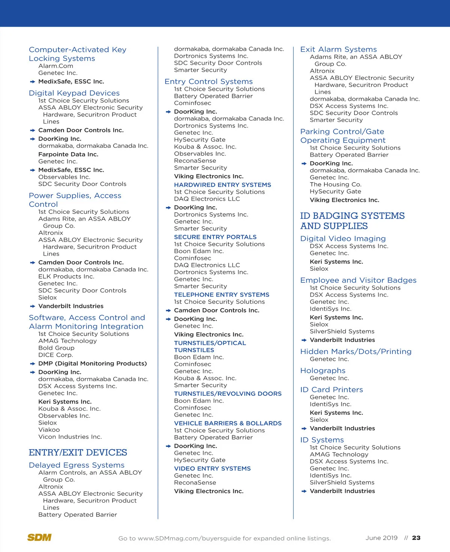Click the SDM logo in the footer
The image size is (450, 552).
click(39, 537)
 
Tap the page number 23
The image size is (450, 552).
click(416, 538)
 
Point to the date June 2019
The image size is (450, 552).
click(381, 538)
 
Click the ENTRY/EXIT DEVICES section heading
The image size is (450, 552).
click(78, 453)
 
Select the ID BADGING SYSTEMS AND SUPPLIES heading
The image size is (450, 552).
click(352, 221)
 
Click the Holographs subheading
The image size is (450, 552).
click(323, 370)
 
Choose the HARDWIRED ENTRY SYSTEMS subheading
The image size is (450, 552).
click(222, 185)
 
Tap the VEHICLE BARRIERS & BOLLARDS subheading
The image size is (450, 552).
click(228, 423)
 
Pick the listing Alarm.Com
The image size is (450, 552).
click(56, 66)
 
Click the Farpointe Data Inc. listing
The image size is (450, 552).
click(68, 154)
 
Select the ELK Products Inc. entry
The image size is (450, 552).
click(66, 276)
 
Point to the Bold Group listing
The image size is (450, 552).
click(56, 348)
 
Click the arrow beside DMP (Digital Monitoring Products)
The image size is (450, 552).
click(33, 364)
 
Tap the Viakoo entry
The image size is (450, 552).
click(49, 430)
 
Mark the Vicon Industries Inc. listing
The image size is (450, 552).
click(70, 437)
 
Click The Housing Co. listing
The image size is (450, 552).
click(336, 184)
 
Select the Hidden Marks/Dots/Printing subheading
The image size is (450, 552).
click(356, 352)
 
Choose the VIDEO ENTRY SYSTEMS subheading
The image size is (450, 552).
click(212, 469)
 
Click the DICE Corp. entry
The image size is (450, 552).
click(55, 355)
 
